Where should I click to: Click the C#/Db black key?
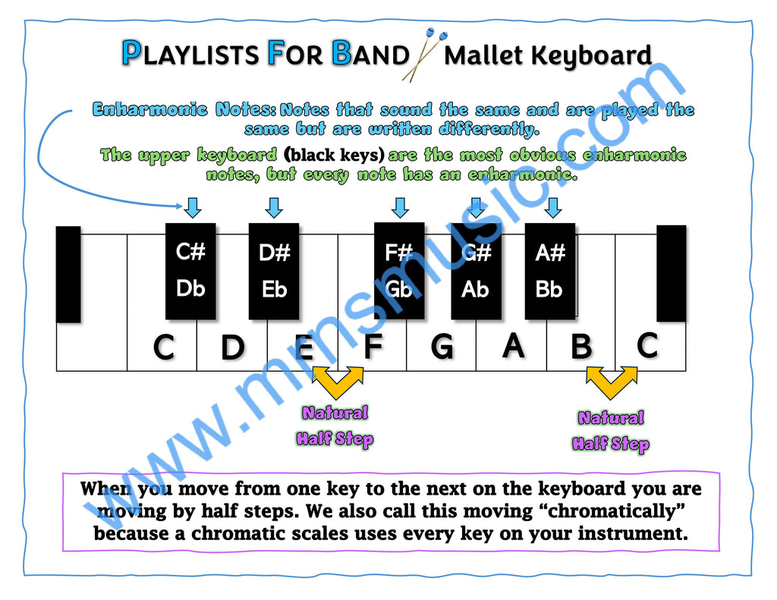point(190,271)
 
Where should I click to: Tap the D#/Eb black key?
point(274,271)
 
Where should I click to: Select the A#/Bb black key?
point(550,271)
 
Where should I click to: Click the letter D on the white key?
point(232,347)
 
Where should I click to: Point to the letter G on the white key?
point(442,346)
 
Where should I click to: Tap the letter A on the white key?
point(513,345)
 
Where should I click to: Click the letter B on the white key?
point(581,346)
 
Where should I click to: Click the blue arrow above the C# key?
point(193,208)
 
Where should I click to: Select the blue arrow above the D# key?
point(274,208)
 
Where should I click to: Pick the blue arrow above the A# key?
point(553,208)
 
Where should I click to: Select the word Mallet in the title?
point(483,55)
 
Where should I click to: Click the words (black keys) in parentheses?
point(335,155)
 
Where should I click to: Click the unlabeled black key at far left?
point(68,275)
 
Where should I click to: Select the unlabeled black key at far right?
point(672,274)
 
